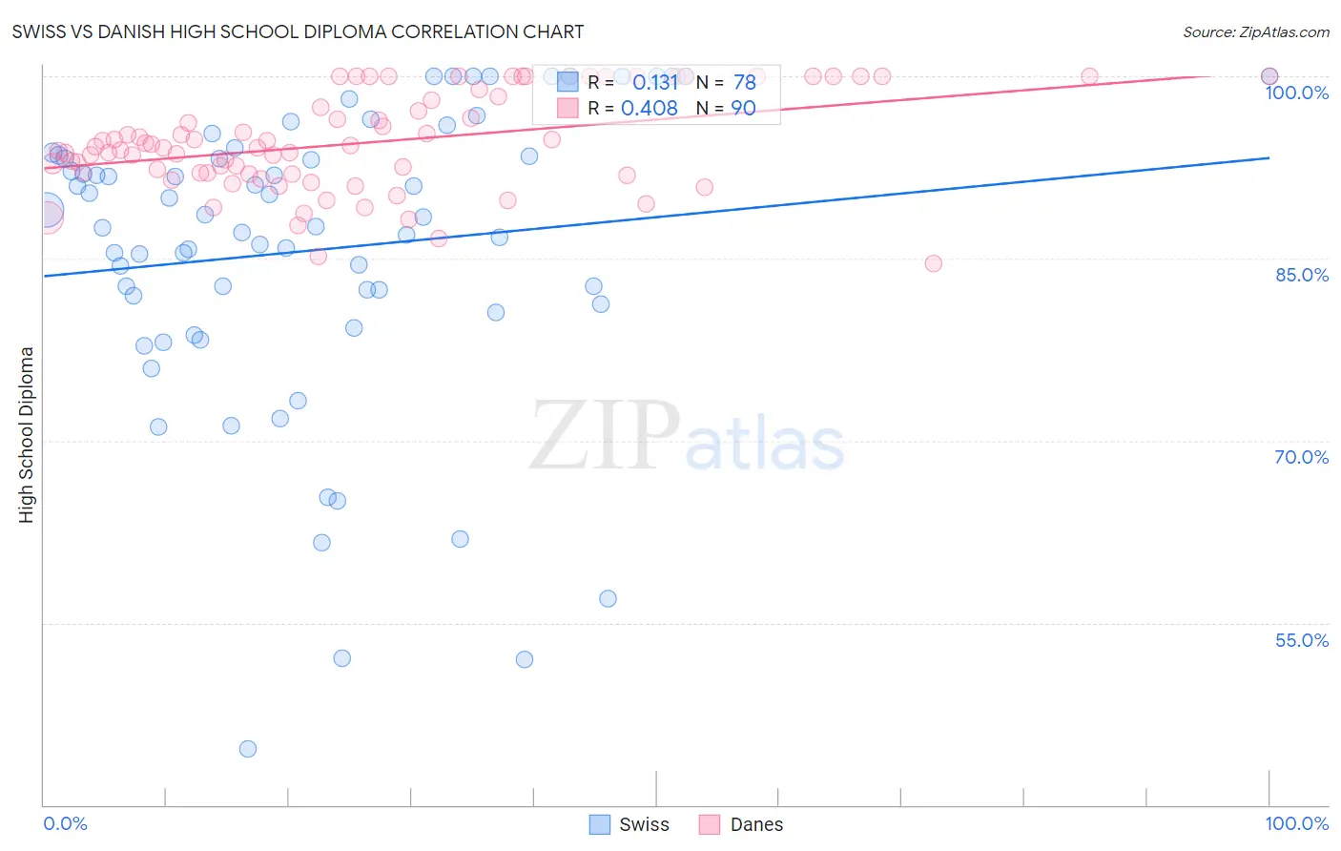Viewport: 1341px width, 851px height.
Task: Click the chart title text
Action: pos(298,31)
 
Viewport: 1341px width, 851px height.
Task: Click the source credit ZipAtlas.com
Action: pos(1255,31)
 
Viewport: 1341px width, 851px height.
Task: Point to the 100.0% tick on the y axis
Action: pos(1296,93)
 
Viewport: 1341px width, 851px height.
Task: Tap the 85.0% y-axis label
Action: pos(1301,275)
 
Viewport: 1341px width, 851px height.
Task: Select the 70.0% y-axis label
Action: pos(1301,457)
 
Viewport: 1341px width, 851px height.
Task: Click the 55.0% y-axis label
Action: pos(1301,640)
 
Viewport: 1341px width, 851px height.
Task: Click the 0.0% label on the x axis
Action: pos(65,823)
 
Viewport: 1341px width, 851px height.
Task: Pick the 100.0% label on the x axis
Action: pos(1296,823)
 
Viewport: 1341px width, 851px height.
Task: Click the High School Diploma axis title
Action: pos(27,434)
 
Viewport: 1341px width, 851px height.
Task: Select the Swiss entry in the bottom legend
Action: pos(644,824)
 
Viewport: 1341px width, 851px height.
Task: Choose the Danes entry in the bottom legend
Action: pos(756,824)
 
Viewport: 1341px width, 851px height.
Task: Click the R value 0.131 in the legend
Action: pos(654,83)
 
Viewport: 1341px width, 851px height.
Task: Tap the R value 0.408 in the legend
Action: pos(650,109)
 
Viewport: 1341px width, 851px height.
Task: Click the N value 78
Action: pos(744,83)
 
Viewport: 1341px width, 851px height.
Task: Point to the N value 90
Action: pos(743,109)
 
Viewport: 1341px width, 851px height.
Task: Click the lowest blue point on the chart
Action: pos(248,749)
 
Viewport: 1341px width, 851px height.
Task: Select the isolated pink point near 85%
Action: pos(933,263)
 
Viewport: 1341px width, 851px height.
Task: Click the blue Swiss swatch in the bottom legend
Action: pos(600,824)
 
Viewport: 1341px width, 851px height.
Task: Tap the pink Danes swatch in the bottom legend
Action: pos(710,824)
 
